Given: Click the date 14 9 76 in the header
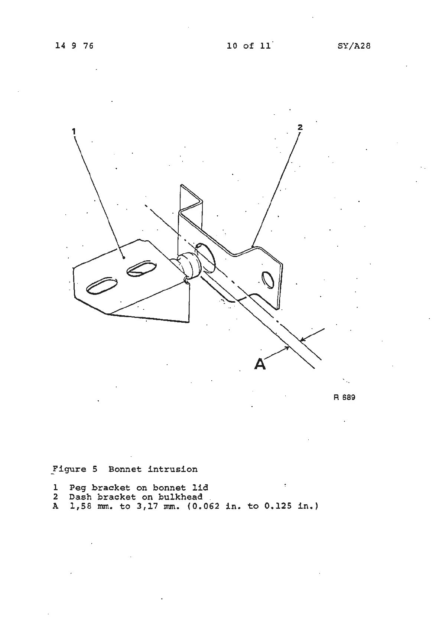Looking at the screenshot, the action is [74, 46].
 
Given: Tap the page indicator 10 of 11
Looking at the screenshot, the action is [249, 46].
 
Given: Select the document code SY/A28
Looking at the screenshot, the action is [354, 46].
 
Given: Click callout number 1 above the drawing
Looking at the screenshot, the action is [74, 131].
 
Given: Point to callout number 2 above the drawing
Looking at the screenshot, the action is [300, 127].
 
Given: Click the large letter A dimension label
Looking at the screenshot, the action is [260, 364].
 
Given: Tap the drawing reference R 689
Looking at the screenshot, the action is [344, 397].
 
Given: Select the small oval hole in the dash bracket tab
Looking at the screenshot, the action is [267, 279].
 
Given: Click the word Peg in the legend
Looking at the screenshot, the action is [77, 488].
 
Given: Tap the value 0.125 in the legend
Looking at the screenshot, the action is [279, 506].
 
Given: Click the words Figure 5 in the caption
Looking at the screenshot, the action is [75, 469].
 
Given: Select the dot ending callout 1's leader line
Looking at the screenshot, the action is [124, 257].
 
